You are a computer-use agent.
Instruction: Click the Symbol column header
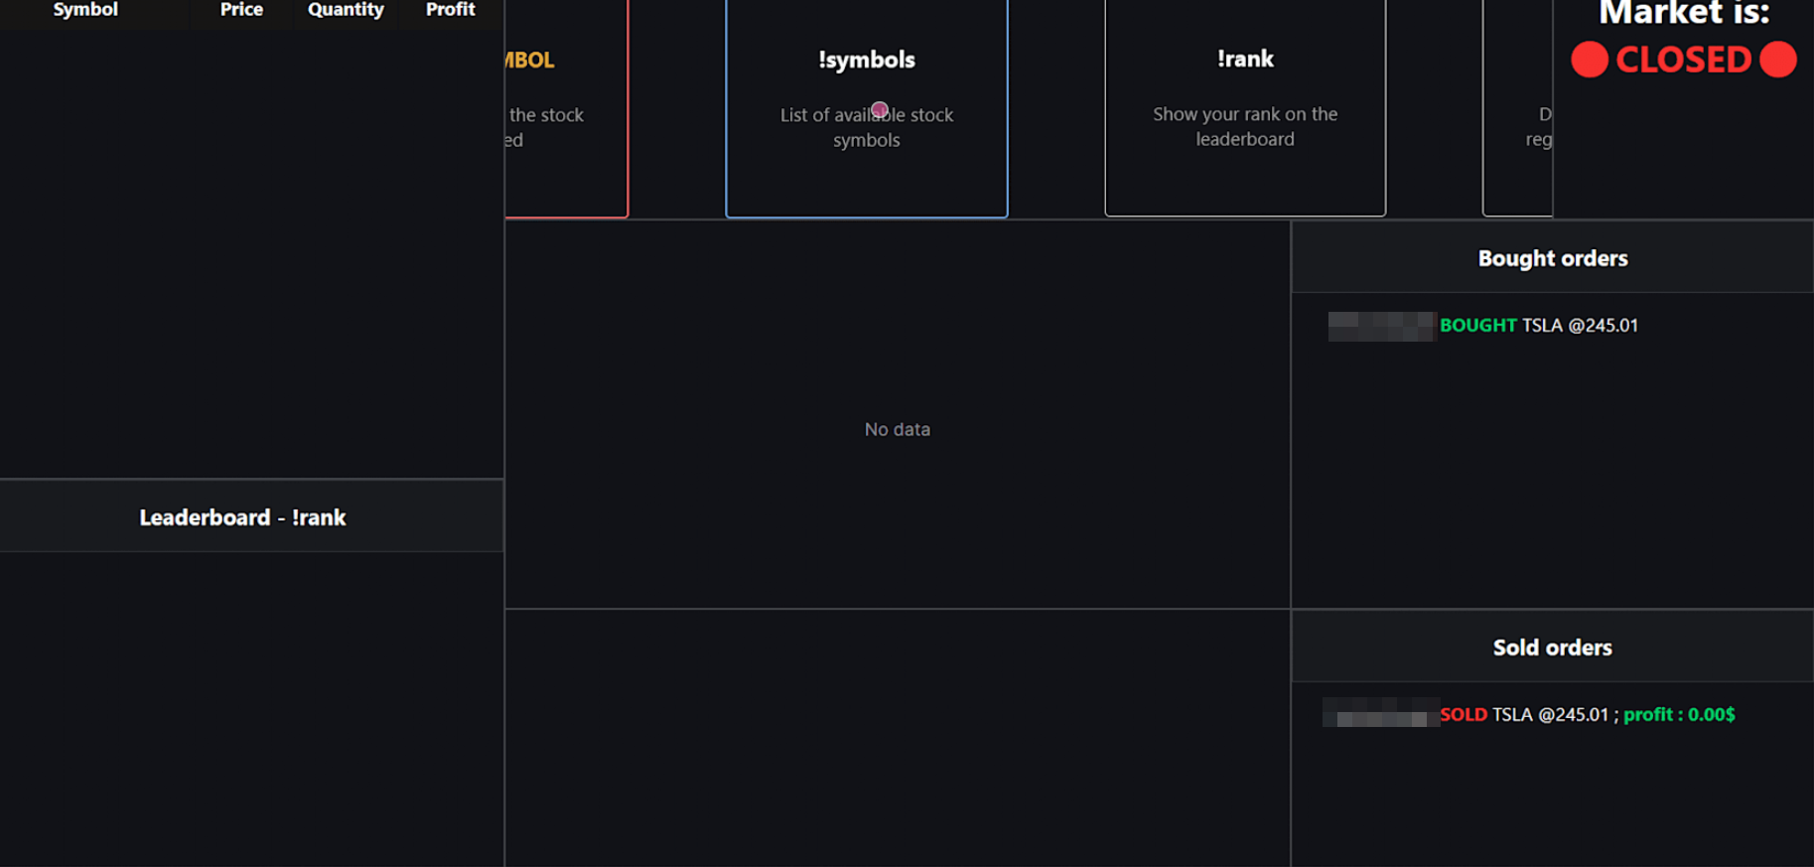tap(85, 10)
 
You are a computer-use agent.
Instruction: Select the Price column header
tap(241, 10)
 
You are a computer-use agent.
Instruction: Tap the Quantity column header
tap(346, 10)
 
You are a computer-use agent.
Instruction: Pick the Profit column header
tap(450, 10)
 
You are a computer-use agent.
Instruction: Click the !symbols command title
tap(867, 60)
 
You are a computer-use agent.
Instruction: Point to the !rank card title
tap(1245, 59)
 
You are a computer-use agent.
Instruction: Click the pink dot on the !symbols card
tap(880, 109)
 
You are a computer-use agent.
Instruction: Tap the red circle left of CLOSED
tap(1589, 60)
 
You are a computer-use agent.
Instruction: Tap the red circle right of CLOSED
tap(1777, 60)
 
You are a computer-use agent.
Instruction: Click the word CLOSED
tap(1683, 60)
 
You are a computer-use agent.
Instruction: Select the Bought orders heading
tap(1553, 258)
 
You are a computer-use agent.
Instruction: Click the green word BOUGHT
tap(1477, 326)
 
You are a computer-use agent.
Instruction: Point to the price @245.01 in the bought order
tap(1603, 326)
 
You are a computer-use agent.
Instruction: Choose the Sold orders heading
tap(1553, 648)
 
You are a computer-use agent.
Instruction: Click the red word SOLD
tap(1464, 715)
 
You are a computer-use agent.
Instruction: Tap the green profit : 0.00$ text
tap(1679, 715)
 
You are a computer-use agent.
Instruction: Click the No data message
tap(898, 429)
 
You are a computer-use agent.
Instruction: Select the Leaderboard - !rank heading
tap(242, 517)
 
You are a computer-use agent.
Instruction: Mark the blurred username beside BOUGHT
tap(1381, 326)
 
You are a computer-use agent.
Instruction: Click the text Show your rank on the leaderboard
tap(1245, 126)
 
